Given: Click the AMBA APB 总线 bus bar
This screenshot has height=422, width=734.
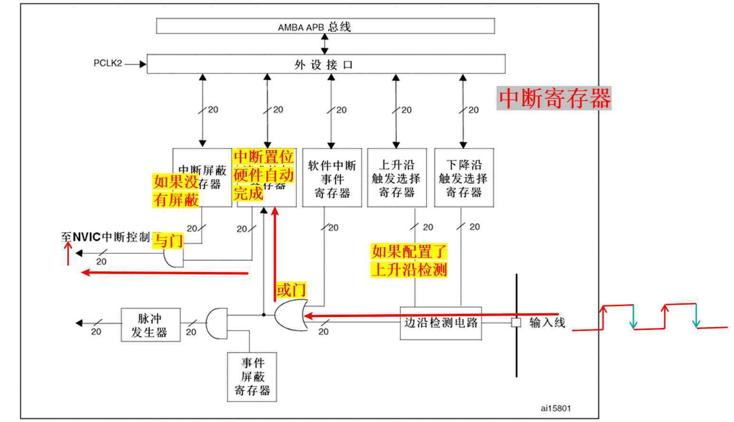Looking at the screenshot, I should pyautogui.click(x=325, y=26).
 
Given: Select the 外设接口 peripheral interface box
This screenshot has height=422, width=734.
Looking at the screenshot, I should pyautogui.click(x=326, y=64).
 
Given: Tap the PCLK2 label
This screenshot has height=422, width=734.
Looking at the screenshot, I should pyautogui.click(x=108, y=63).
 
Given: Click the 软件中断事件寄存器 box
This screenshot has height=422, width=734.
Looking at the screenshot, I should pyautogui.click(x=332, y=178).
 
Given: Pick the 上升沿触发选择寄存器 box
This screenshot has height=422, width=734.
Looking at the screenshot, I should pyautogui.click(x=396, y=178).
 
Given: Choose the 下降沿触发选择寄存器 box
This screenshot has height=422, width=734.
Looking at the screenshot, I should pyautogui.click(x=463, y=178).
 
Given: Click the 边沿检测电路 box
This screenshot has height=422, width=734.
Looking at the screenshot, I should pyautogui.click(x=441, y=323).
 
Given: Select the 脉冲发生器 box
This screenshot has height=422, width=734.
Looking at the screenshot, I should pyautogui.click(x=150, y=325).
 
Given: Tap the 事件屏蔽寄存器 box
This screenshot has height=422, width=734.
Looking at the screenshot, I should pyautogui.click(x=252, y=377).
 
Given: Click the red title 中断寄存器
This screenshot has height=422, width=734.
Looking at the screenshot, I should pyautogui.click(x=554, y=98).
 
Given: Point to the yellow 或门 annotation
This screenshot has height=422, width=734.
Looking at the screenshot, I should pyautogui.click(x=291, y=290).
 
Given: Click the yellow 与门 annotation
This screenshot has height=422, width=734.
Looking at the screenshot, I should pyautogui.click(x=168, y=241).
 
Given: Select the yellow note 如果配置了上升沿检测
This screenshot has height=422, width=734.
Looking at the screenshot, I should pyautogui.click(x=409, y=261).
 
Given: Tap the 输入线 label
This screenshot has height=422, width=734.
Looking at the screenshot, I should pyautogui.click(x=547, y=323).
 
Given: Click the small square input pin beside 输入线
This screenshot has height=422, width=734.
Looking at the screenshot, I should pyautogui.click(x=516, y=323).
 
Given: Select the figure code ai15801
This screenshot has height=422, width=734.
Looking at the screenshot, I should pyautogui.click(x=555, y=408).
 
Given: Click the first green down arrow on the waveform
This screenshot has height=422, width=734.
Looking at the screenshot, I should pyautogui.click(x=633, y=317).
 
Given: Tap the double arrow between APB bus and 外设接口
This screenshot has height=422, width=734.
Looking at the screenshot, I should pyautogui.click(x=325, y=44).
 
